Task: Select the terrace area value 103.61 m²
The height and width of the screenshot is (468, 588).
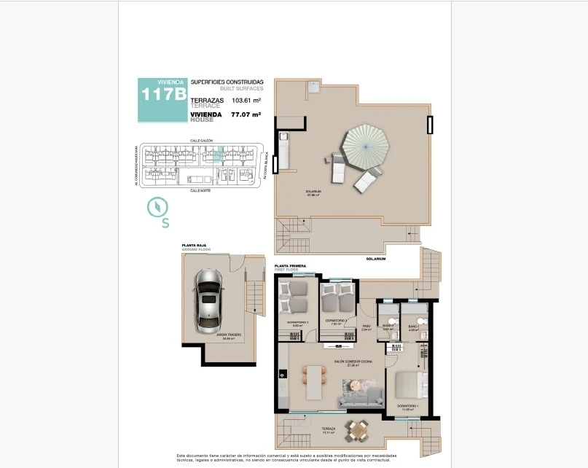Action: (246, 101)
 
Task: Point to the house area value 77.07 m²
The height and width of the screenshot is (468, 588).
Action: (246, 114)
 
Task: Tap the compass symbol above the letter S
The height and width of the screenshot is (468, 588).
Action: (157, 207)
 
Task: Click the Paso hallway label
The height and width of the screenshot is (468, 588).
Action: (366, 327)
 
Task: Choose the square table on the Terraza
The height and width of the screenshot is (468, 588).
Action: (356, 431)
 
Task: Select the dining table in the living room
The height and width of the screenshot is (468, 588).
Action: (315, 381)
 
